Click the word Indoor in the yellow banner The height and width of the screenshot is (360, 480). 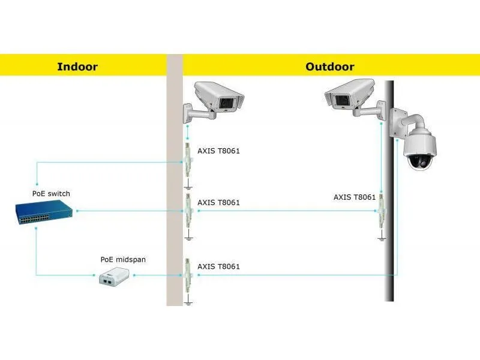(x=77, y=67)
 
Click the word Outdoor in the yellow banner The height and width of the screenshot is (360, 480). (x=330, y=67)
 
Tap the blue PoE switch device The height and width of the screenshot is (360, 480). (x=44, y=212)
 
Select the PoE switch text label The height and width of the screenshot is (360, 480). (x=51, y=193)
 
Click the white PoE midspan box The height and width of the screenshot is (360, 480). (x=114, y=277)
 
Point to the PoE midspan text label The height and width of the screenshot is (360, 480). (x=123, y=259)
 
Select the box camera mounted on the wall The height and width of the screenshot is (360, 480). (x=214, y=101)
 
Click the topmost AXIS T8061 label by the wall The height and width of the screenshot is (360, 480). (x=218, y=151)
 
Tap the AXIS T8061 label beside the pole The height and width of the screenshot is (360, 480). (x=355, y=197)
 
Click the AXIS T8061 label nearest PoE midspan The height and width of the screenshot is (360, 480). (x=218, y=266)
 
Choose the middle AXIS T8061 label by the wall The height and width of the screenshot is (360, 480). (x=218, y=202)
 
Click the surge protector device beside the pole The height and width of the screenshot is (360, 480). (x=382, y=211)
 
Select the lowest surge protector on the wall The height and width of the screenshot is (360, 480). (x=188, y=275)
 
